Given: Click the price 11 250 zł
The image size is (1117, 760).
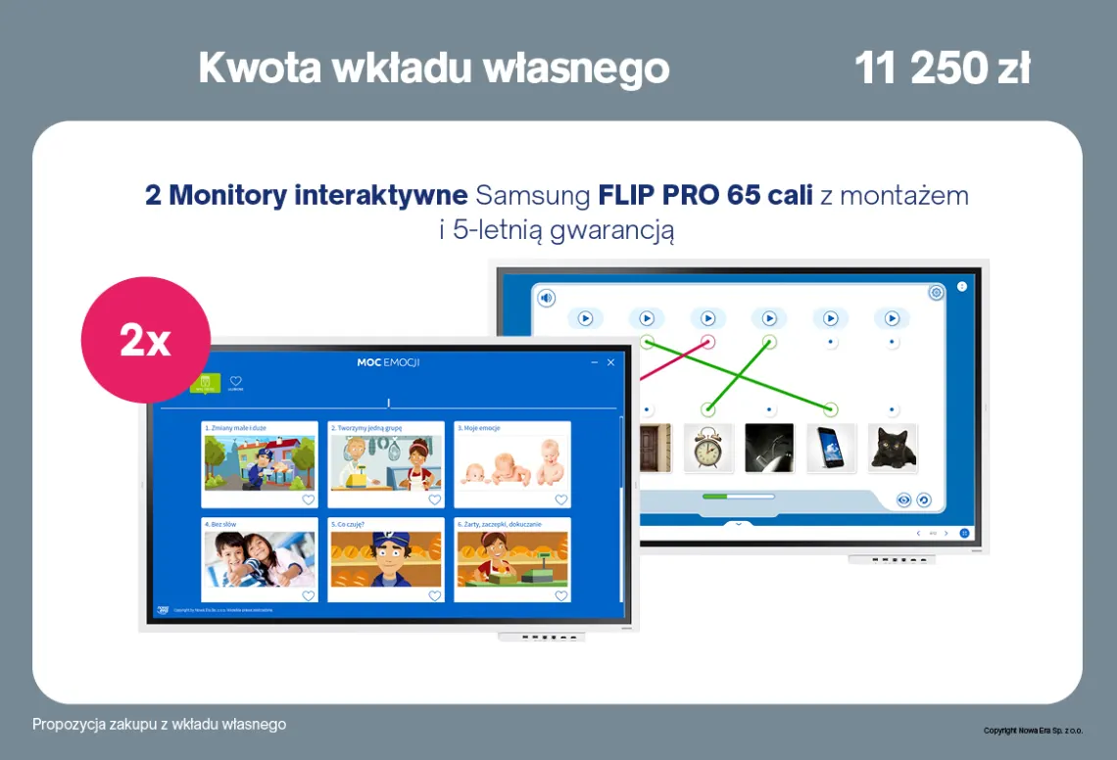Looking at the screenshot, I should (942, 69).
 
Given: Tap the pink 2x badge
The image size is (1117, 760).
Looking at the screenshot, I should (145, 340).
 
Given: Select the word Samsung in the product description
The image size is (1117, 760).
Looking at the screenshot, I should (535, 195).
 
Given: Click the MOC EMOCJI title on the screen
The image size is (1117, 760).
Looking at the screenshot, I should (389, 362).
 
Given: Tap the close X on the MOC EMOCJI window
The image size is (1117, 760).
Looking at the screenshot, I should (611, 362).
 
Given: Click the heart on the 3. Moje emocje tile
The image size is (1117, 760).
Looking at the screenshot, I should (560, 499).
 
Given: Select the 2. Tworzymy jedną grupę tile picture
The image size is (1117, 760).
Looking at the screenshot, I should (385, 463).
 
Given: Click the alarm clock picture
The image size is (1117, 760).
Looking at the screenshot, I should (708, 448).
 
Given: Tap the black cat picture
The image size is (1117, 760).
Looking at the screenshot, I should (893, 448).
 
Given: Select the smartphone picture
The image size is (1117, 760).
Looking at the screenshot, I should (831, 448).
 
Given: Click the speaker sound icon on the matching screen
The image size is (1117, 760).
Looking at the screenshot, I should (546, 298).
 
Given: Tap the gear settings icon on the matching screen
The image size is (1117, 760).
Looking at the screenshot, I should (936, 292).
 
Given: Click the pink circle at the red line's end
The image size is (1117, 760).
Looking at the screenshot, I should (707, 342).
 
